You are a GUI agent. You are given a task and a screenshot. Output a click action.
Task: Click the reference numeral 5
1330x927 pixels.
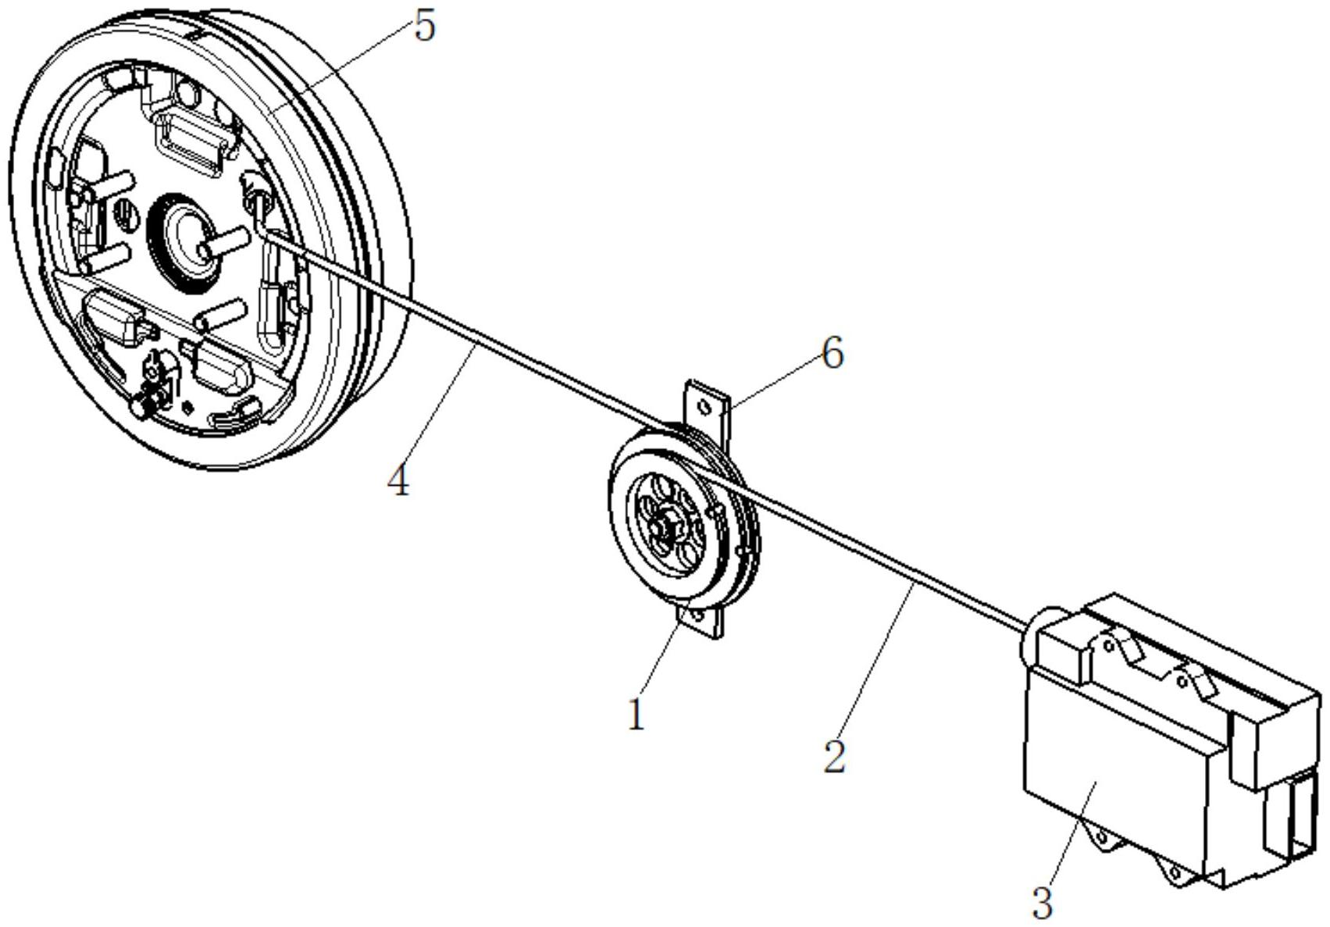click(425, 27)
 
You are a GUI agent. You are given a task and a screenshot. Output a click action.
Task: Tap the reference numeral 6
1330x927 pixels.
click(833, 355)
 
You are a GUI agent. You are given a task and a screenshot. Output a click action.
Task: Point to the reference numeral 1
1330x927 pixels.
click(636, 715)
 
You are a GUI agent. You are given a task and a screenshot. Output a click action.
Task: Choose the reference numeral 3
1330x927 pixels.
click(1043, 904)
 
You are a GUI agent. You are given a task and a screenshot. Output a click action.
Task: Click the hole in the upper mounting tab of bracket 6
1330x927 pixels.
click(704, 408)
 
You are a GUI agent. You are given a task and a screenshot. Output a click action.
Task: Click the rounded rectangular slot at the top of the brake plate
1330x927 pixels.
click(191, 141)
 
